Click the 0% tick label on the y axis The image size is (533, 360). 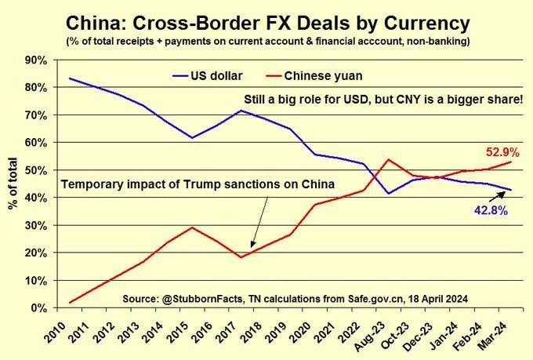[x=41, y=308]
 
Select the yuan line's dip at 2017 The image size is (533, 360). [x=241, y=257]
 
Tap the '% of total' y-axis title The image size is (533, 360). [x=13, y=184]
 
